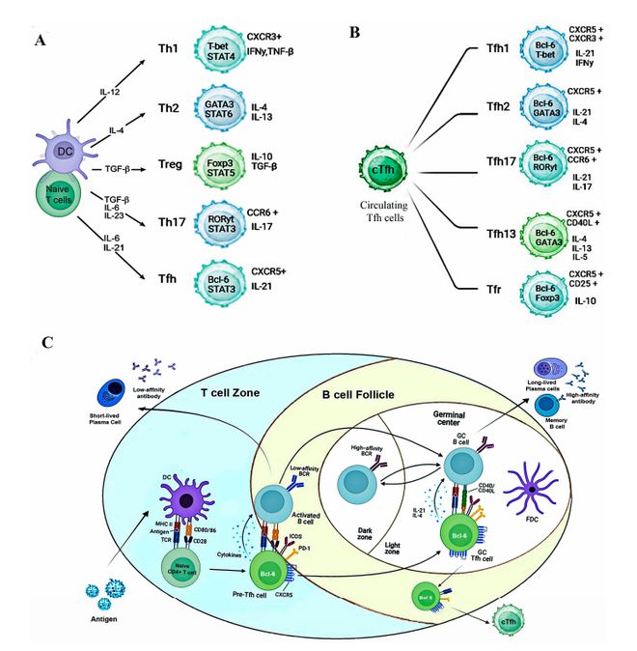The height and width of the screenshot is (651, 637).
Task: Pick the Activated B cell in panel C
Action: (274, 500)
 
